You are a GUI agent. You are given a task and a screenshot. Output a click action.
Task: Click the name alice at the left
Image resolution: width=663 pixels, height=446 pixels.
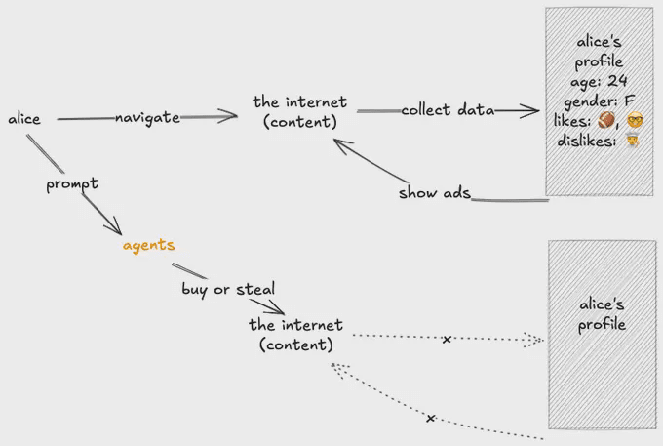pos(24,119)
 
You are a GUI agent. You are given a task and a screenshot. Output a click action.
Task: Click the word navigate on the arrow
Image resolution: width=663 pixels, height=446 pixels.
pos(147,118)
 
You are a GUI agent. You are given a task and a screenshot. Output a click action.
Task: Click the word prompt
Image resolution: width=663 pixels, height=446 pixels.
pos(72,183)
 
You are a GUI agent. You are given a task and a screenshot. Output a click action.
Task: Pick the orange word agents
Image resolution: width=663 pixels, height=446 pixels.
pos(148,245)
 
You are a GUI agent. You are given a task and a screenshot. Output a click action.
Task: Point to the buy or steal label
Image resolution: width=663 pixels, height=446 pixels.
pos(228,289)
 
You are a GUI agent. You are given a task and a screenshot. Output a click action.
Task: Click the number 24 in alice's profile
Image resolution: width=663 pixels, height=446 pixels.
pos(617,81)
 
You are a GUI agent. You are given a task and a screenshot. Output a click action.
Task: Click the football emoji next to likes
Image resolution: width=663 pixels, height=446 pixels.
pos(606,120)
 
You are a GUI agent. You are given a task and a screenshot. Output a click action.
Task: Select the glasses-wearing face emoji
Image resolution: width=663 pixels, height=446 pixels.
pos(635,120)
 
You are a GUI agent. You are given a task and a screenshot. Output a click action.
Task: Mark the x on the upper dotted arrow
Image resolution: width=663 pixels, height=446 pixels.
pos(447,340)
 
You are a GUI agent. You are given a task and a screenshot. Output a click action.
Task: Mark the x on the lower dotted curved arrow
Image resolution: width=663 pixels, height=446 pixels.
pos(430,418)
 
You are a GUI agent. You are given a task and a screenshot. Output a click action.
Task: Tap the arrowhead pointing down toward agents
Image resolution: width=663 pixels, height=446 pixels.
pos(115,230)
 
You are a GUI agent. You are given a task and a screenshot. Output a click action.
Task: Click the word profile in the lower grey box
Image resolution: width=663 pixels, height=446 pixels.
pos(602,324)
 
